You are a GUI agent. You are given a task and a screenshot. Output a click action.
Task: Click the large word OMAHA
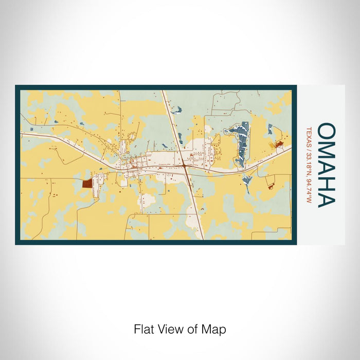(x=327, y=165)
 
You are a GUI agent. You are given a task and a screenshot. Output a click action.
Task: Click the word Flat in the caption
(x=143, y=329)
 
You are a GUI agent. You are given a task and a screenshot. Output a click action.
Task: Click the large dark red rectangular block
(x=87, y=183)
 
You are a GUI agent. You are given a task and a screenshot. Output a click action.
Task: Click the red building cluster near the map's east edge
(x=279, y=145)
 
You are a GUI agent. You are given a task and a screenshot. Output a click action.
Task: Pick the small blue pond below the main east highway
(x=247, y=181)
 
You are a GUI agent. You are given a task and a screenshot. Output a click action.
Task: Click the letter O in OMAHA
(x=327, y=131)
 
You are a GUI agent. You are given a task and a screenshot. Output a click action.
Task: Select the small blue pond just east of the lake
(x=269, y=129)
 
